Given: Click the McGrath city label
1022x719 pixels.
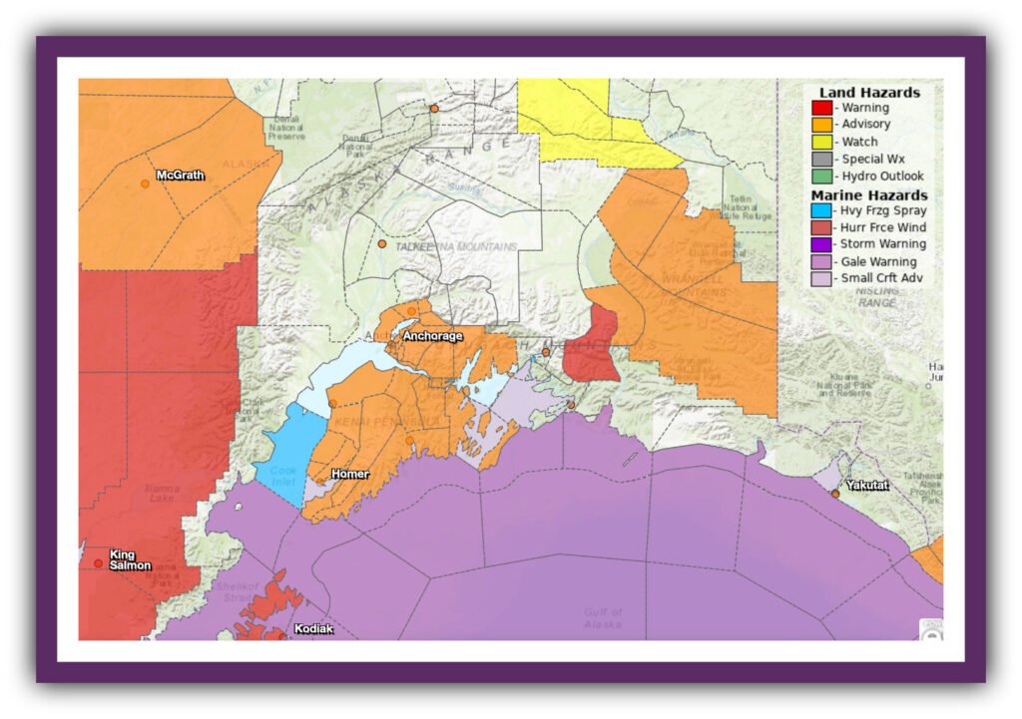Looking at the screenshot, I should point(181,176).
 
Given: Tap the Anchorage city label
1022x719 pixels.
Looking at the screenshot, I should point(432,336).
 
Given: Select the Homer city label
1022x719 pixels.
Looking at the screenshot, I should point(349,474).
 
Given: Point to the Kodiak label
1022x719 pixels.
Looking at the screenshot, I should point(313,629).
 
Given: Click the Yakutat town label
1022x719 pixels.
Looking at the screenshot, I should point(866,485).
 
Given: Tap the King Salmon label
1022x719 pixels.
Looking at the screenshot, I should point(130,559).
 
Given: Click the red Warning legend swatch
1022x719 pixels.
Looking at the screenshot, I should point(821,108).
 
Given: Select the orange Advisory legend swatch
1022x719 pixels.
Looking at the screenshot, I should point(821,125).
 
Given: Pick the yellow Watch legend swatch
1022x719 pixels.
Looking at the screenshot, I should point(821,142).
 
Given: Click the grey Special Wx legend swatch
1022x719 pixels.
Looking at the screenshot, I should point(821,159).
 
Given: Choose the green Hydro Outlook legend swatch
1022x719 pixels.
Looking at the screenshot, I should point(821,177).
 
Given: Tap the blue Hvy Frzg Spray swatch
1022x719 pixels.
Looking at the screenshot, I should point(821,210).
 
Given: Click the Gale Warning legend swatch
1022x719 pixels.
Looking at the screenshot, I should point(821,262).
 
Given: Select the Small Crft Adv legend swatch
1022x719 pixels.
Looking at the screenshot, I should point(821,279).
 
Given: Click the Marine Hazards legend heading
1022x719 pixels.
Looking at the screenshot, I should point(869,194).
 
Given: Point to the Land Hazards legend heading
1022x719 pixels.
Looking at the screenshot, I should point(869,92).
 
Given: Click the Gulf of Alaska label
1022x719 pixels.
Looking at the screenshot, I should point(604,617).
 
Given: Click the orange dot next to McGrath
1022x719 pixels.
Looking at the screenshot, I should point(146,184).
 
